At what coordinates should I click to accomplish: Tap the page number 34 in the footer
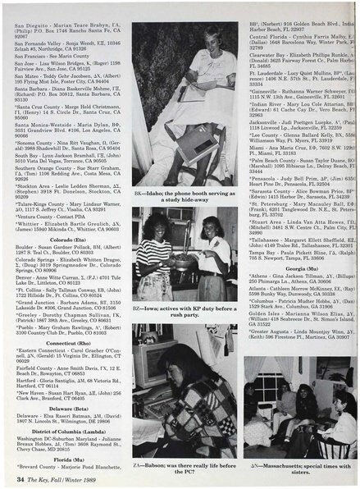pos(21,479)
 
